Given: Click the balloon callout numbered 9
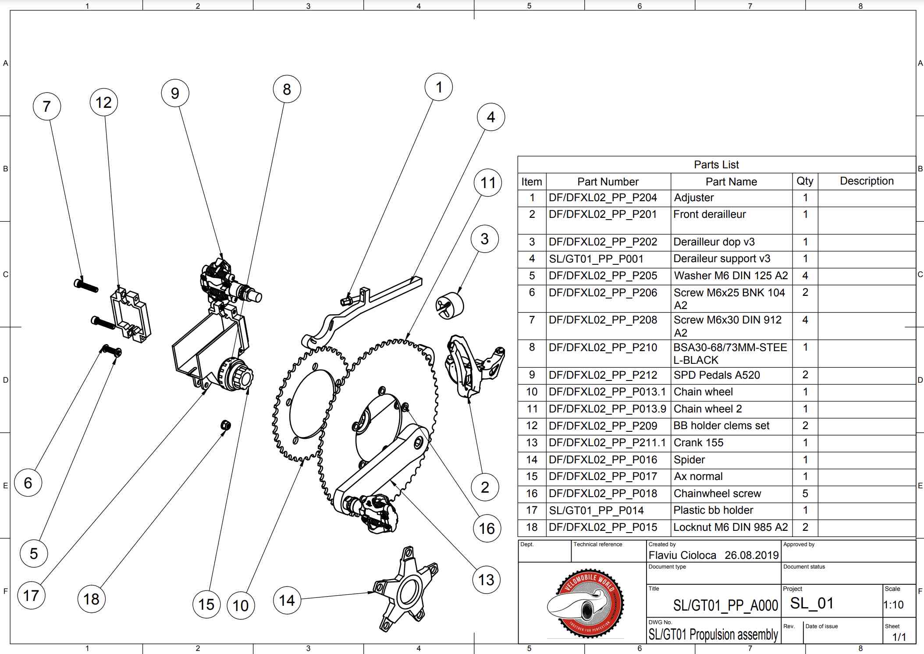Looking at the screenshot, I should pyautogui.click(x=175, y=93).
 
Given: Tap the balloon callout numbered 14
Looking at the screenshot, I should pyautogui.click(x=287, y=600).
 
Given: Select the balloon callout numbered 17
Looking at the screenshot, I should pyautogui.click(x=31, y=595).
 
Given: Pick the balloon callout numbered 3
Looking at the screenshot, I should pyautogui.click(x=484, y=239).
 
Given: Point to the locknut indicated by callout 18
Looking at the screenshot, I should pyautogui.click(x=225, y=425).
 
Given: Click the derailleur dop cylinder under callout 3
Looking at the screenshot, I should pyautogui.click(x=450, y=305).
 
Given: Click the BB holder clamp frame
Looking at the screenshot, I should pyautogui.click(x=131, y=315).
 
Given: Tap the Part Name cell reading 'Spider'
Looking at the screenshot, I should pyautogui.click(x=689, y=459).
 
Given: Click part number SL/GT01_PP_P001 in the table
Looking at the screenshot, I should pyautogui.click(x=596, y=259).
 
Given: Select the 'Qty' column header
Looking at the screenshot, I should pyautogui.click(x=805, y=181).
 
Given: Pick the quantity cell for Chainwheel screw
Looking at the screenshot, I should pyautogui.click(x=805, y=493).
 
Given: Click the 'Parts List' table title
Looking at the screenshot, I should pyautogui.click(x=716, y=164).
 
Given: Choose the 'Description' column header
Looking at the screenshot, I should pyautogui.click(x=866, y=181).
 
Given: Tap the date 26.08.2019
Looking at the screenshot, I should pyautogui.click(x=751, y=555).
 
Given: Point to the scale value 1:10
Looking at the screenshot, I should pyautogui.click(x=893, y=604).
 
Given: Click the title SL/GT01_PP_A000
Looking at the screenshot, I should pyautogui.click(x=725, y=605).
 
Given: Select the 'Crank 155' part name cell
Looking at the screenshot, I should pyautogui.click(x=698, y=443).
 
